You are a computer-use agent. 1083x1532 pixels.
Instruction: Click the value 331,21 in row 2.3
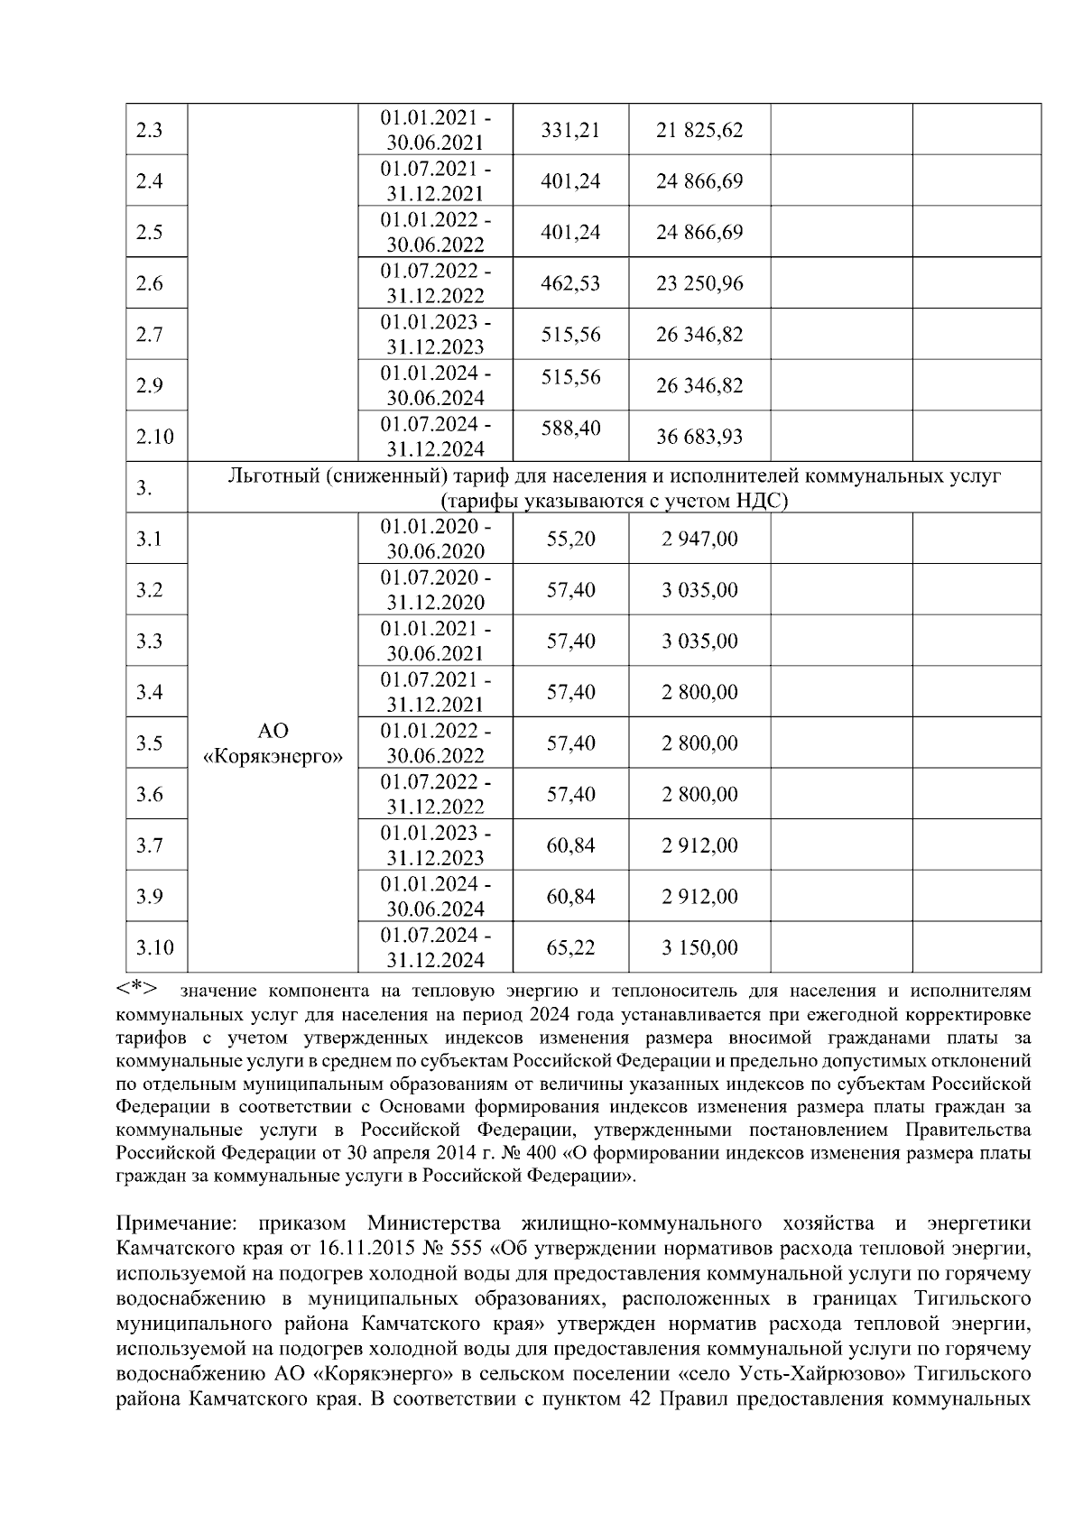pos(570,130)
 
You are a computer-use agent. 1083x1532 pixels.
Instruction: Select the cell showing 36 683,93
pos(699,437)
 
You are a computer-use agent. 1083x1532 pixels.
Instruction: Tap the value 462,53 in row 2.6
pos(570,283)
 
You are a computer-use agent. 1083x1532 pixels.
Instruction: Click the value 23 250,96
pos(699,283)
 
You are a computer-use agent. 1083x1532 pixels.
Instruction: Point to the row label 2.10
pos(155,437)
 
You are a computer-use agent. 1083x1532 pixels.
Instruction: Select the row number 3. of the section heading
pos(143,488)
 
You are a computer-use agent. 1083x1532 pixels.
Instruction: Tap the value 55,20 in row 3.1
pos(570,539)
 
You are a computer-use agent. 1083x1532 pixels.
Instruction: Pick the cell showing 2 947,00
pos(699,539)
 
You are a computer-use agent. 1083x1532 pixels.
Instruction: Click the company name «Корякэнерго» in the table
pos(273,756)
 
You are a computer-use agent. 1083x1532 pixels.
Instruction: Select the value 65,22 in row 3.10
pos(570,947)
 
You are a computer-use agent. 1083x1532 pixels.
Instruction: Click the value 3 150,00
pos(699,947)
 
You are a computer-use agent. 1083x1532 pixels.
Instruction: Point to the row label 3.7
pos(149,845)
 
